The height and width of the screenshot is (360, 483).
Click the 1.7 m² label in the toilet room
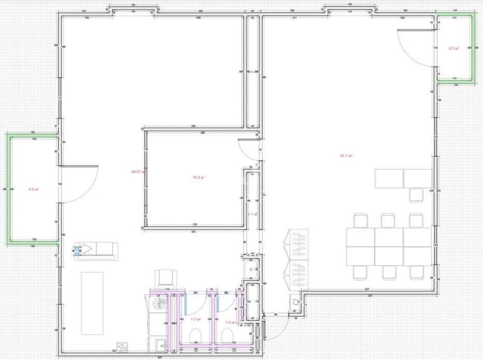pyautogui.click(x=196, y=320)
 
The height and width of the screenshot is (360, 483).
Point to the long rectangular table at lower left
pyautogui.click(x=92, y=303)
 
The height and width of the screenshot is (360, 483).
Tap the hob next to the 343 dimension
pyautogui.click(x=122, y=347)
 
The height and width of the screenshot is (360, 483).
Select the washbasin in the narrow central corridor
pyautogui.click(x=253, y=269)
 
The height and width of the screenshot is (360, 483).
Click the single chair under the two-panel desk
pyautogui.click(x=416, y=195)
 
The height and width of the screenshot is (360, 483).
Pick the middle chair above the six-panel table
pyautogui.click(x=388, y=220)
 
